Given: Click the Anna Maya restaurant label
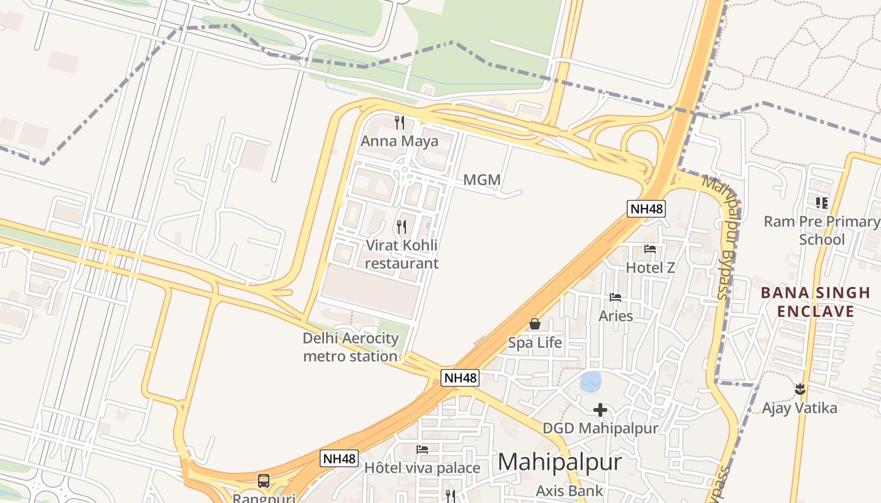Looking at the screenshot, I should pos(399,141).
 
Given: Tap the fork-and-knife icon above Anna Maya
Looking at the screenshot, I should pos(400,122).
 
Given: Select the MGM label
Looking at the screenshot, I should pos(482,180).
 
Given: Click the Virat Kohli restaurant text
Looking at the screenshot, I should pos(401,254).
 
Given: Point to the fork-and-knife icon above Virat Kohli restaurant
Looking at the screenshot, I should pos(401,226).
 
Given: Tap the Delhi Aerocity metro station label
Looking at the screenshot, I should pos(351,347).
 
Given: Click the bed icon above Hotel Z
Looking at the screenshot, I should pos(650,249).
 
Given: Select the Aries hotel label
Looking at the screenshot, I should pos(615,316).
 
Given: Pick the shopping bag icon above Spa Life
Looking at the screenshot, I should pos(535,324).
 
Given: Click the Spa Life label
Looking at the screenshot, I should pos(535,343).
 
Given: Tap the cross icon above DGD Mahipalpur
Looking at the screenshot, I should pos(600,410).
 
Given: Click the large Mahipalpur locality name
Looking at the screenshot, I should pos(559,463).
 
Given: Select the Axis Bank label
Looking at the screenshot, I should pos(570,490).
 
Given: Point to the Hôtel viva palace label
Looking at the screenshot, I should pos(422,468).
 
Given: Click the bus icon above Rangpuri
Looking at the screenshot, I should pos(264,481).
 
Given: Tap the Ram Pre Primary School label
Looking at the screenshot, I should pos(822,230).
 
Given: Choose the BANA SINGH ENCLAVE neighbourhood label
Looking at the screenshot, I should pos(815,302).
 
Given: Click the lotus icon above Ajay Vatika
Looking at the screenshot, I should pos(800,389).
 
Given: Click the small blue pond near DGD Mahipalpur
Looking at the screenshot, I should pos(590,381).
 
